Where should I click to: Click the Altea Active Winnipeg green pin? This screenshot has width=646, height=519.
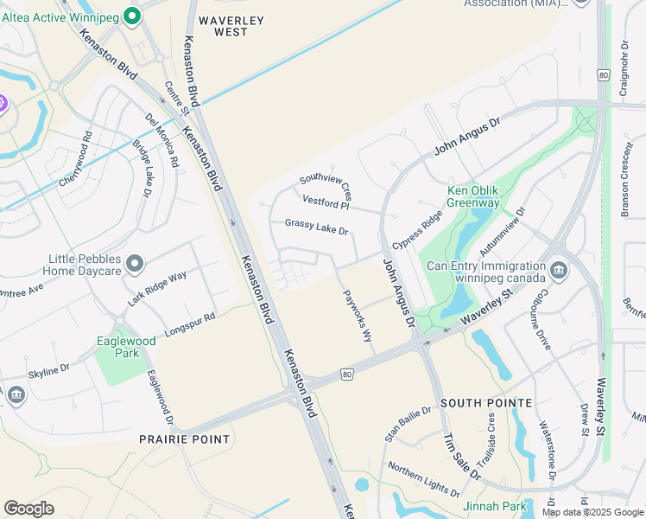click(x=131, y=15)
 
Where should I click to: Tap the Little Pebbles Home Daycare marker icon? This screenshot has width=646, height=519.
click(x=134, y=262)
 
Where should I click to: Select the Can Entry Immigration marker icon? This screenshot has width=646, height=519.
click(x=559, y=270)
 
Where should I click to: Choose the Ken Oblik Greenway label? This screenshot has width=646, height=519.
click(x=472, y=196)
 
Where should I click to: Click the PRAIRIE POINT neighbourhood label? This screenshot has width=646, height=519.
click(x=185, y=439)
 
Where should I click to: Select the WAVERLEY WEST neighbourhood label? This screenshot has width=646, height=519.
click(x=223, y=25)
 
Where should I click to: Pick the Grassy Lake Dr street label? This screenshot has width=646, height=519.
click(x=316, y=227)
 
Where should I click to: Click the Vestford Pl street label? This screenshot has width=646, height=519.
click(x=326, y=202)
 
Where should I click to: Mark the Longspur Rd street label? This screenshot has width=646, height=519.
click(x=189, y=324)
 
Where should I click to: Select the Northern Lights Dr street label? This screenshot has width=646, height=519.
click(x=423, y=479)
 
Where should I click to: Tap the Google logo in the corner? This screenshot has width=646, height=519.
click(x=28, y=509)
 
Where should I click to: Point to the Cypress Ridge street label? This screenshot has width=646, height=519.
click(x=415, y=231)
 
